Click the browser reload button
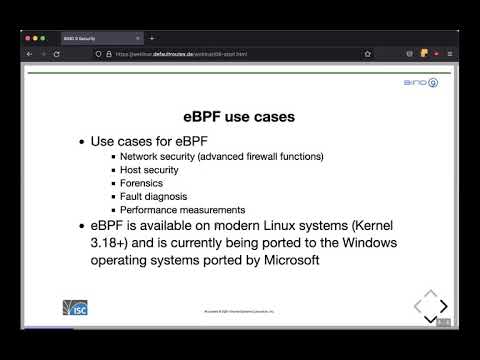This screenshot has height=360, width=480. [56, 53]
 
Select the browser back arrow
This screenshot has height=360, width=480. [28, 53]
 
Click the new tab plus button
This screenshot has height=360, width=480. [151, 38]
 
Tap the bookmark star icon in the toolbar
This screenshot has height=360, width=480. [368, 53]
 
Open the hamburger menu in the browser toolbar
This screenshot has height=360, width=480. [450, 53]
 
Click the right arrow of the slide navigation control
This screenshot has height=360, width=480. [443, 305]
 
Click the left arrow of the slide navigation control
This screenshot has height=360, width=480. [415, 305]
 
